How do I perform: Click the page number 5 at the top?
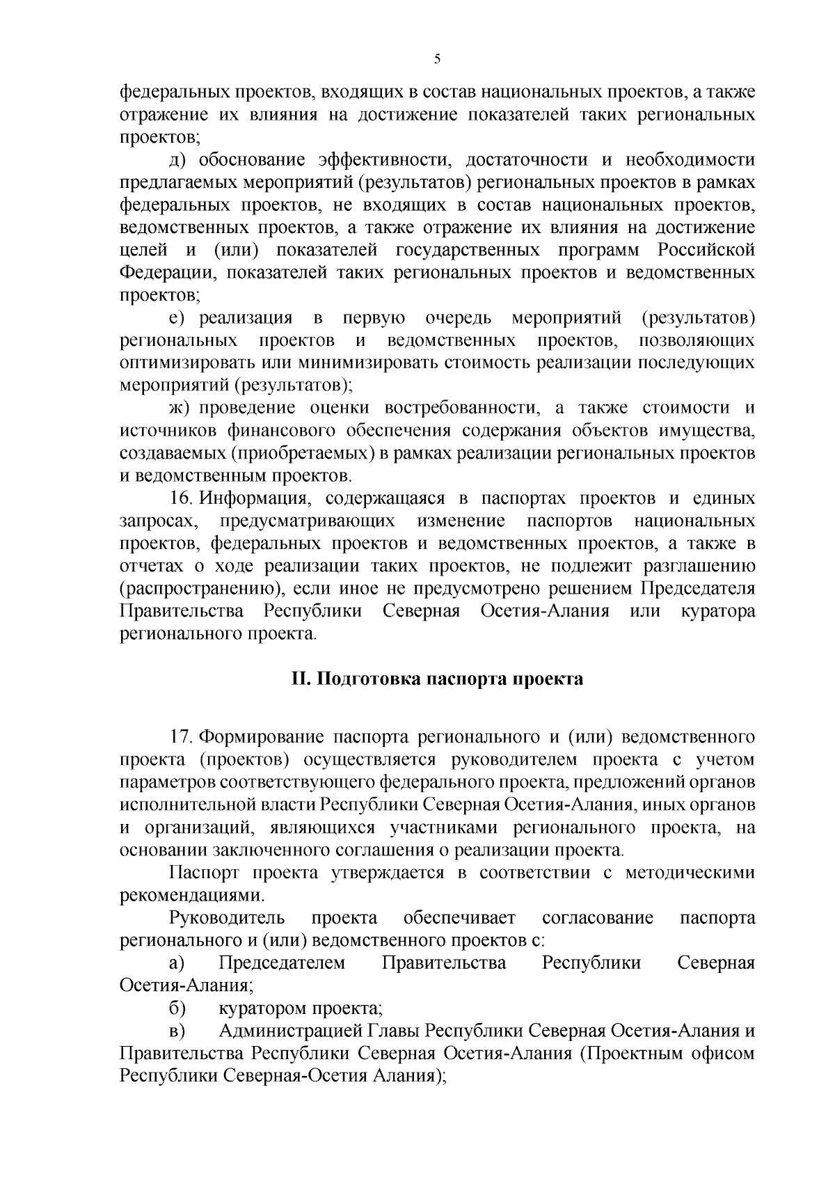(436, 59)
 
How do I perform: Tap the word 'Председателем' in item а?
(282, 964)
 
